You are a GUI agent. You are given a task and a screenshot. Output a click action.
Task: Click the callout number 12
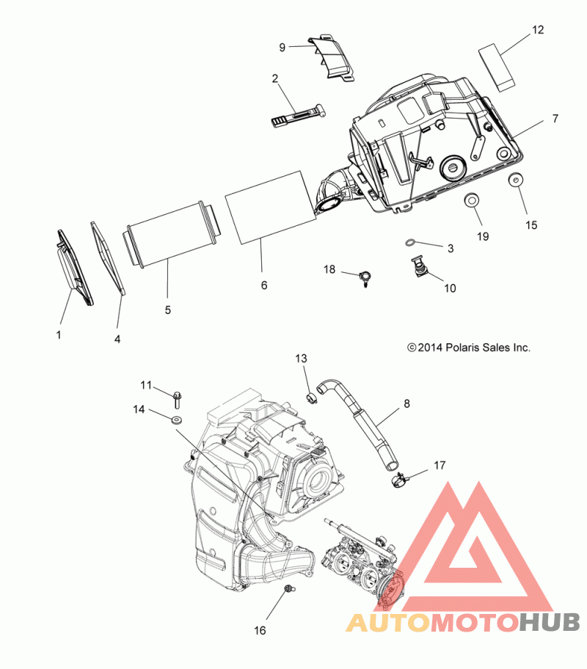(x=538, y=30)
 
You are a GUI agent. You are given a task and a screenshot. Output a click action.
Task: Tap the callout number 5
(x=167, y=310)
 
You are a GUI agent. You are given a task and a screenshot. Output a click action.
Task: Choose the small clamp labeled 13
(x=310, y=398)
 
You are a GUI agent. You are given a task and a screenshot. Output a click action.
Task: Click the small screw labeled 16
(x=288, y=588)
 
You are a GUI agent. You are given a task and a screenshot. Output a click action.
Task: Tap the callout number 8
(x=406, y=403)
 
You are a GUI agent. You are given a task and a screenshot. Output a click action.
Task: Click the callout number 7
(x=555, y=118)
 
